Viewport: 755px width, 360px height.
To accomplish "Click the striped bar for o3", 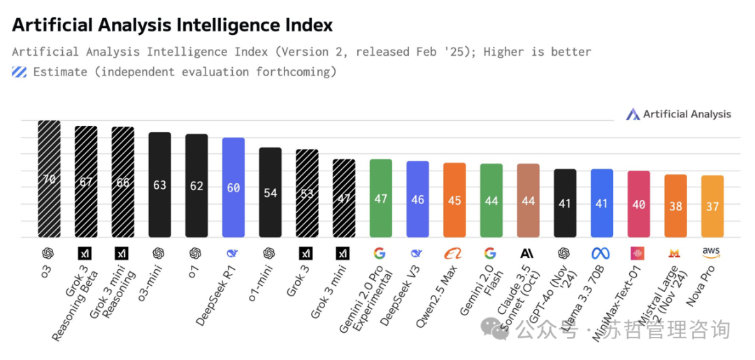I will click(x=49, y=179).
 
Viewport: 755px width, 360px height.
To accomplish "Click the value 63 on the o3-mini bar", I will click(x=159, y=186).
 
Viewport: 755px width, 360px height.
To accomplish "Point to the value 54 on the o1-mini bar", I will click(x=270, y=193).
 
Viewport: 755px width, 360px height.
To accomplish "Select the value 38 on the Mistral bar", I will click(x=675, y=206).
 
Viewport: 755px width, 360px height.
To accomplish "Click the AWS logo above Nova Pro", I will click(x=712, y=252).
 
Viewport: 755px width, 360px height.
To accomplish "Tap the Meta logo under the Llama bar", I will click(x=601, y=253).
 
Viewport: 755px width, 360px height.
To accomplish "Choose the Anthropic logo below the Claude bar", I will click(x=528, y=253).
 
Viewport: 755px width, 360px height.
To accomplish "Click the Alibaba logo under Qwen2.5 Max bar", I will click(x=454, y=253).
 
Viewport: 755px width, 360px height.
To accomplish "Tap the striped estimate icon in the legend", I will click(x=20, y=71).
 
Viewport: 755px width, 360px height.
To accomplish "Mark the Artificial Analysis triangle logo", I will click(x=633, y=114).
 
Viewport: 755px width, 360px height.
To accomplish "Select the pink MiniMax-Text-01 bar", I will click(x=638, y=204).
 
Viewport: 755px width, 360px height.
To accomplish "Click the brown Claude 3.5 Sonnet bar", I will click(x=528, y=201).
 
